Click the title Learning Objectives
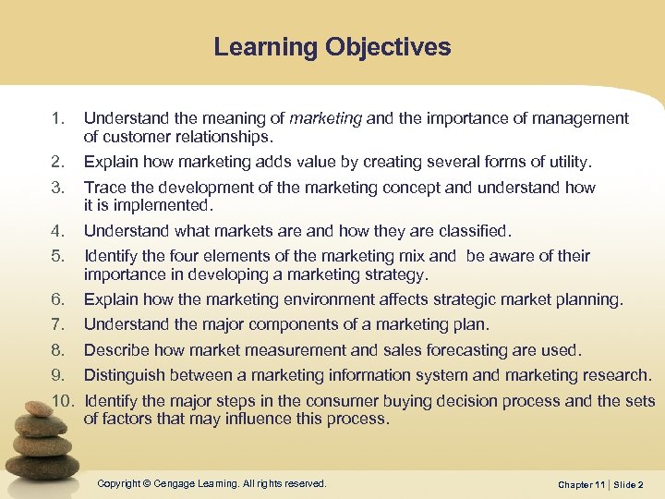(x=332, y=47)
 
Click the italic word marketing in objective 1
(x=326, y=118)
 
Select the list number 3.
(x=56, y=188)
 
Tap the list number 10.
(x=60, y=401)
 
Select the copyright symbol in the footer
(x=147, y=483)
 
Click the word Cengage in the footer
(x=175, y=483)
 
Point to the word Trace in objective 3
(x=103, y=188)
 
